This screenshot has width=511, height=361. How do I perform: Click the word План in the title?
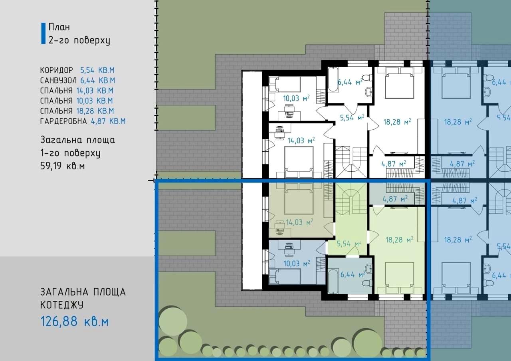click(59, 27)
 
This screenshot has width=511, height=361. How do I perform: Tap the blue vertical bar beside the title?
click(44, 33)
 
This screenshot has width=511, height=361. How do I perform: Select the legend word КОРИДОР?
click(57, 70)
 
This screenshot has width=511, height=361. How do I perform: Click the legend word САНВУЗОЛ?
click(58, 81)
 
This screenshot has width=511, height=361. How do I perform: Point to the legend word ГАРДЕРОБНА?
click(63, 121)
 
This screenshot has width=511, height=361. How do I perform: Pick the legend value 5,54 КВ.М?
click(97, 70)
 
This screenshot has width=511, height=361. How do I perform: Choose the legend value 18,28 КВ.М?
click(95, 111)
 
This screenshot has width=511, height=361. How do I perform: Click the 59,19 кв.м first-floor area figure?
click(63, 166)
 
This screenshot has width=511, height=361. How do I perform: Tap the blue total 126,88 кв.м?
click(75, 321)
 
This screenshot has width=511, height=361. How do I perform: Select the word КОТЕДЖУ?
click(62, 305)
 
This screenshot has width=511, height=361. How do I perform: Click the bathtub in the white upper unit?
click(333, 79)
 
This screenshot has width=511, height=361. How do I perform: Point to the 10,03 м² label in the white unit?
click(296, 98)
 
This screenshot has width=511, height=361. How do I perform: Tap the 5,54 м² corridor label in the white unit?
click(352, 117)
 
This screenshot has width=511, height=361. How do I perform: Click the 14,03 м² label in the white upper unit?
click(301, 141)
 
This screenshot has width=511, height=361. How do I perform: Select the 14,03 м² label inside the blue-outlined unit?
click(299, 222)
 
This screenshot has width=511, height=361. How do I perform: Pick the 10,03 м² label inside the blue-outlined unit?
click(297, 264)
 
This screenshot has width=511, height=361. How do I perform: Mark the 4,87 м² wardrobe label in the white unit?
click(394, 164)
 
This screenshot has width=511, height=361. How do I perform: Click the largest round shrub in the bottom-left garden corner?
click(173, 321)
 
